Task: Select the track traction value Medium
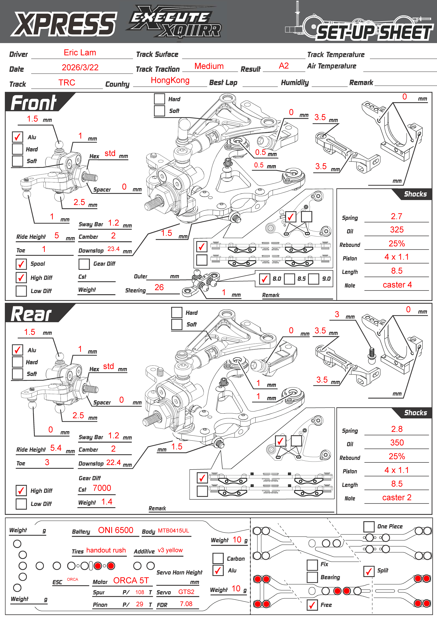pyautogui.click(x=209, y=66)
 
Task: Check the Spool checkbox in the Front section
pyautogui.click(x=21, y=264)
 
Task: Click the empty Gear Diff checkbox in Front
pyautogui.click(x=84, y=264)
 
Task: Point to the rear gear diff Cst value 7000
pyautogui.click(x=102, y=488)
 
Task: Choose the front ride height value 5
pyautogui.click(x=57, y=236)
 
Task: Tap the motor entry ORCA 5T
pyautogui.click(x=131, y=581)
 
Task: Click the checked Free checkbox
pyautogui.click(x=312, y=605)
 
